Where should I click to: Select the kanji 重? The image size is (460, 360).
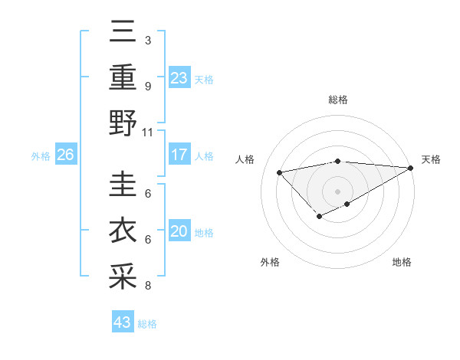coord(123,78)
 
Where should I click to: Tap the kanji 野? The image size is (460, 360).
coord(123,123)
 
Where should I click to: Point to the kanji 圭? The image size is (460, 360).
coord(123,187)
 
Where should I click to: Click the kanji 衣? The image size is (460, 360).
coord(123,231)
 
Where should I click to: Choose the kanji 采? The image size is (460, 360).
coord(123,277)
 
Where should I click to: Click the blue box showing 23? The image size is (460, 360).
coord(179,77)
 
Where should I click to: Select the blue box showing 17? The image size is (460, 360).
coord(179,155)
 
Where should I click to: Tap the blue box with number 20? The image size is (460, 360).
coord(179,232)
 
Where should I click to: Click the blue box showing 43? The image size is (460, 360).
coord(123,322)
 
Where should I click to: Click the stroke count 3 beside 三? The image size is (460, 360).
coord(147,40)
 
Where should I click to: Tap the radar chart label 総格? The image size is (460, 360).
coord(338,100)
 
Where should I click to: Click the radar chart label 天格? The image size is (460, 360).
coord(431,159)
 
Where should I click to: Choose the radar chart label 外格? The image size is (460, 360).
coord(270,262)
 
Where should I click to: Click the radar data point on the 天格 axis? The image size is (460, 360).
coord(411,168)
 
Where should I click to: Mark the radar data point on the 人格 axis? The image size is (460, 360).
coord(279,172)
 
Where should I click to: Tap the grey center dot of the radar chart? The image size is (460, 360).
coord(337,191)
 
